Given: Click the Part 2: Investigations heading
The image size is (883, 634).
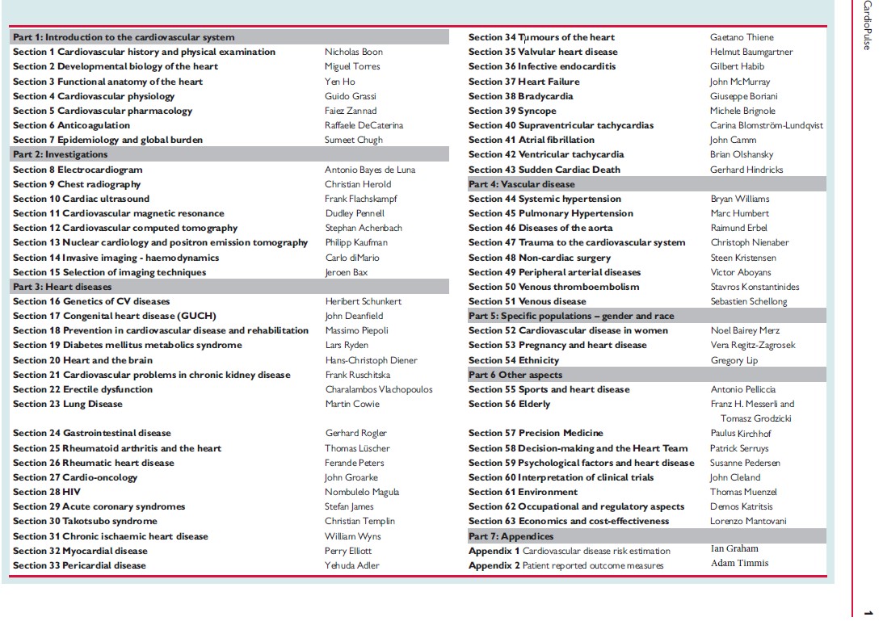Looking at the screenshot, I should click(61, 154).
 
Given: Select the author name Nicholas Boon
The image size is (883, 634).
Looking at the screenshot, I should click(353, 52).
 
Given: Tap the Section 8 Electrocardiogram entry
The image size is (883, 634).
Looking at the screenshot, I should click(78, 170).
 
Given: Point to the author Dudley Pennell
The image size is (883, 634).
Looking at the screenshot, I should click(355, 213).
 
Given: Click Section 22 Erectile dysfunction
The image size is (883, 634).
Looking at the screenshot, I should click(82, 389).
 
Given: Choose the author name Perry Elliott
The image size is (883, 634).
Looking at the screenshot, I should click(348, 551).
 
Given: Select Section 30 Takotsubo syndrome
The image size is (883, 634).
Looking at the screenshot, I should click(85, 521).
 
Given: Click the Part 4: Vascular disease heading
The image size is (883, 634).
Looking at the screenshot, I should click(522, 184).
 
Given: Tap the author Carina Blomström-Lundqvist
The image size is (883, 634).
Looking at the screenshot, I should click(767, 125).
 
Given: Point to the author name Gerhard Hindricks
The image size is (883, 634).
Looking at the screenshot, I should click(746, 170).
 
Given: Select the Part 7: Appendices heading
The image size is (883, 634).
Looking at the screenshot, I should click(511, 536).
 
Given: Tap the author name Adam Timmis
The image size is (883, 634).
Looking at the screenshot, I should click(739, 563).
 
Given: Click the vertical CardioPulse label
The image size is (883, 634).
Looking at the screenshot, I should click(867, 25).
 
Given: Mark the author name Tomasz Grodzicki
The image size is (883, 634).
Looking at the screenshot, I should click(755, 418).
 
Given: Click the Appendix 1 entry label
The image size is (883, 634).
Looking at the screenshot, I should click(494, 551).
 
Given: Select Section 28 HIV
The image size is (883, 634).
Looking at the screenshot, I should click(47, 492).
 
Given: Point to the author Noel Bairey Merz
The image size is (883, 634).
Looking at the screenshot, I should click(745, 330).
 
